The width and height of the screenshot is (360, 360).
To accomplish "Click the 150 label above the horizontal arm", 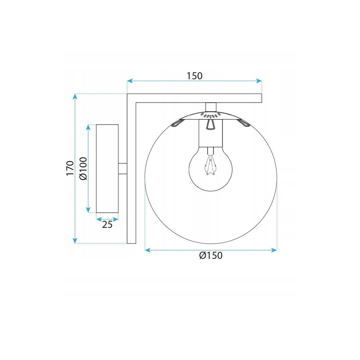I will pos(195,76).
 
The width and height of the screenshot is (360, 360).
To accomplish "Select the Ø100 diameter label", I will pos(82,168).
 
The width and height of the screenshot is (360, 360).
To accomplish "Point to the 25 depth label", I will pos(107,225).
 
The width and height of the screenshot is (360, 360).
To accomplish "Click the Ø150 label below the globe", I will pos(211,256).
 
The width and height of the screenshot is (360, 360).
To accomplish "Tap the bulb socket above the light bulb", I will pos(211,133).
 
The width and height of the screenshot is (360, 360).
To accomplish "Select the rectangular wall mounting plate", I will pos(107,168).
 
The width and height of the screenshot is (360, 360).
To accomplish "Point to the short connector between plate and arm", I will pos(123,168).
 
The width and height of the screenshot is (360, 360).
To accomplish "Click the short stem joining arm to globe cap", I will pos(211,107).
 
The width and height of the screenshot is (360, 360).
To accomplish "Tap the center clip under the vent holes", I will pos(211,124).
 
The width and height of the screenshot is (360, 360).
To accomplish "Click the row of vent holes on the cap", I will pos(211,116).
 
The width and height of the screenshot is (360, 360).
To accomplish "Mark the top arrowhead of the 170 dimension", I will pos(75,96).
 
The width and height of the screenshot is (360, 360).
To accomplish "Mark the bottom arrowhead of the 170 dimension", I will pos(75,241).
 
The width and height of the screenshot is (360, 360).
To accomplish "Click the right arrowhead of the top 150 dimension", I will pos(259,81).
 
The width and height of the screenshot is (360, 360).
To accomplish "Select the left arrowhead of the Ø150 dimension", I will pos(147,249).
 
